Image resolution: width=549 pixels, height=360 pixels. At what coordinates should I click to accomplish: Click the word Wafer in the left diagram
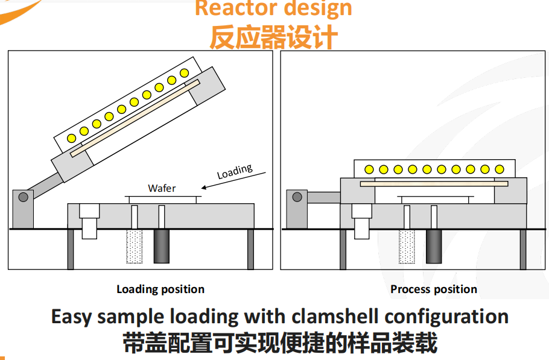162,188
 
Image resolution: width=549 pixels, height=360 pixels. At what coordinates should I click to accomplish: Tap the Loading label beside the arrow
235,171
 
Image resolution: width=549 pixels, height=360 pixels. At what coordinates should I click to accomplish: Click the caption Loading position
160,289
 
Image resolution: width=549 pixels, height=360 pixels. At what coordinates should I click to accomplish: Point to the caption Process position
434,289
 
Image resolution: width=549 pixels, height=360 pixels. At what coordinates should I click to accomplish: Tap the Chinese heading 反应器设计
273,37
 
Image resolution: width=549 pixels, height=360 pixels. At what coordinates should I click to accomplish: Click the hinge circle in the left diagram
24,197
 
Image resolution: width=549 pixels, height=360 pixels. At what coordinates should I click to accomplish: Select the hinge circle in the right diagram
296,196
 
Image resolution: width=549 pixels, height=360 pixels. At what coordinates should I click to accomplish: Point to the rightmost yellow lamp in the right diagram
500,169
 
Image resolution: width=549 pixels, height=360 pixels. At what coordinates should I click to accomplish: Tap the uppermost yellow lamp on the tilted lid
185,73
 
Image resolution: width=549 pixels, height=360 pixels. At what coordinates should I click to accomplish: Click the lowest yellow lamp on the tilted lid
71,138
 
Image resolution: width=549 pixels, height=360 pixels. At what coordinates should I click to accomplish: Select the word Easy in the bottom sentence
72,317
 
